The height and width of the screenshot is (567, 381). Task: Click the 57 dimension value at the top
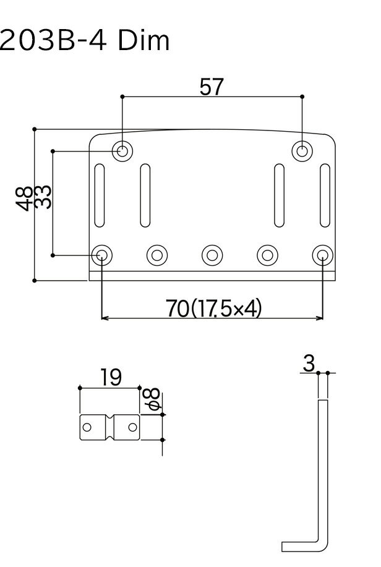point(212,87)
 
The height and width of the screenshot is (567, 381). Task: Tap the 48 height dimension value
point(26,199)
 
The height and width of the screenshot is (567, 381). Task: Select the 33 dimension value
point(43,198)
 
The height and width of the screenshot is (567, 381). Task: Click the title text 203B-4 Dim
point(85,41)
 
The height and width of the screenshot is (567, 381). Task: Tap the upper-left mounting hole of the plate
point(122,150)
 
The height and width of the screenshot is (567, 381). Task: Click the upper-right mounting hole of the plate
point(302,150)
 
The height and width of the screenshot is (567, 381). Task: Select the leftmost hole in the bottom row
point(101,255)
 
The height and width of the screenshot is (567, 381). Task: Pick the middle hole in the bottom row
point(212,255)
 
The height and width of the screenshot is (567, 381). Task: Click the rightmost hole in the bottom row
point(322,255)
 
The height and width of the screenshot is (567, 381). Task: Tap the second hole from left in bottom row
point(156,255)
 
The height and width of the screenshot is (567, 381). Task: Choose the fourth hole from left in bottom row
point(267,255)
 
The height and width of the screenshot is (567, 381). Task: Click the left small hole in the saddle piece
point(88,427)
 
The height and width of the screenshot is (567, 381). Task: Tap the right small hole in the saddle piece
point(132,427)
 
